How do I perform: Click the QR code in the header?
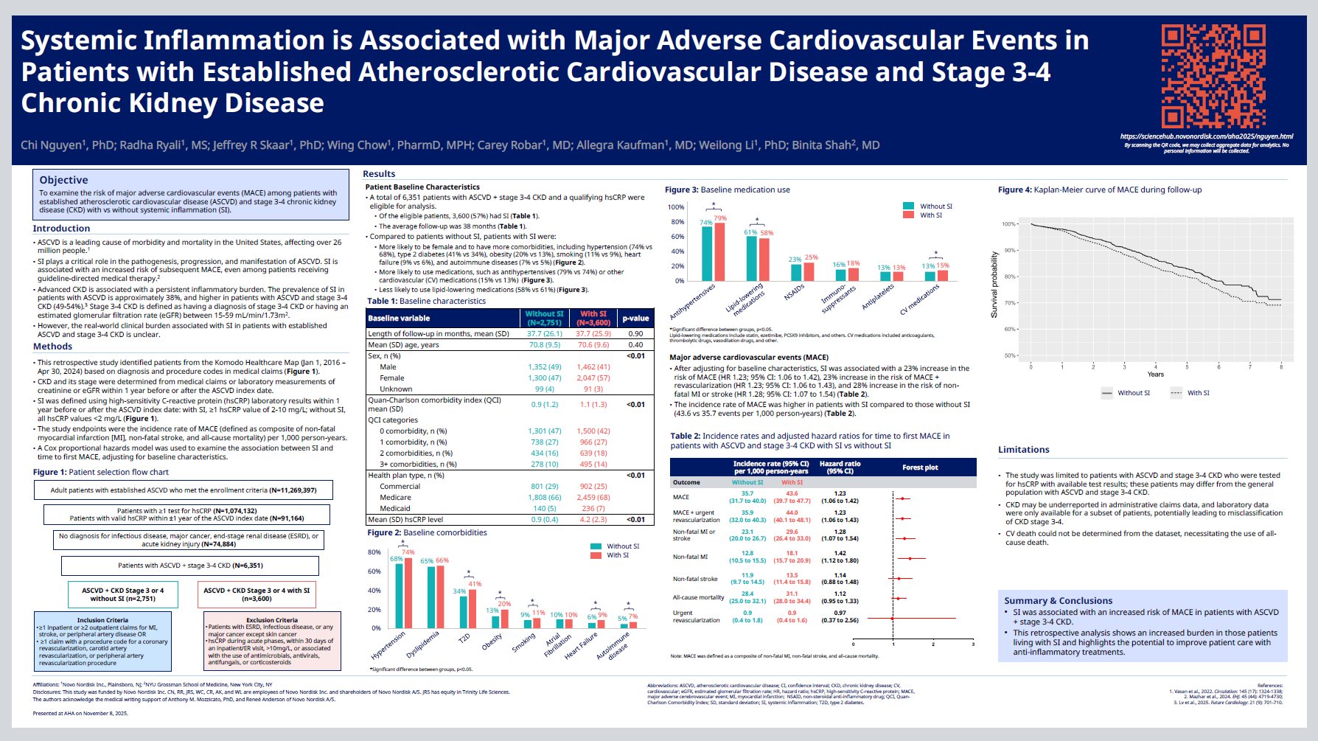pyautogui.click(x=1213, y=76)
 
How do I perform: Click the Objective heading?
pyautogui.click(x=63, y=180)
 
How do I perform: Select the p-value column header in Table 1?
pyautogui.click(x=635, y=319)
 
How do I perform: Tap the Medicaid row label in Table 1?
pyautogui.click(x=394, y=508)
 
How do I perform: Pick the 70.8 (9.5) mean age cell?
pyautogui.click(x=544, y=344)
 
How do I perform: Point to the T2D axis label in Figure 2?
pyautogui.click(x=464, y=638)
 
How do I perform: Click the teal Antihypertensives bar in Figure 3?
pyautogui.click(x=707, y=254)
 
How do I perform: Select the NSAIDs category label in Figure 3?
pyautogui.click(x=794, y=293)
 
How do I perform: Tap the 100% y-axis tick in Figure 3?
pyautogui.click(x=675, y=207)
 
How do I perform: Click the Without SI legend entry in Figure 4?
pyautogui.click(x=1126, y=393)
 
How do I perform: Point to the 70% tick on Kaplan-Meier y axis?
pyautogui.click(x=1009, y=303)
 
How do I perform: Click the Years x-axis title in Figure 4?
pyautogui.click(x=1155, y=375)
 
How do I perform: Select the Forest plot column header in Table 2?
pyautogui.click(x=920, y=467)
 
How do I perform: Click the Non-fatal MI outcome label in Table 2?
pyautogui.click(x=690, y=557)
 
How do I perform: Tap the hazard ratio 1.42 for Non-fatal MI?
pyautogui.click(x=840, y=553)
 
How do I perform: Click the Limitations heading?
pyautogui.click(x=1023, y=450)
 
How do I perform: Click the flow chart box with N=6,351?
pyautogui.click(x=190, y=566)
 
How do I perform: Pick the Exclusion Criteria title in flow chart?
pyautogui.click(x=271, y=620)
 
